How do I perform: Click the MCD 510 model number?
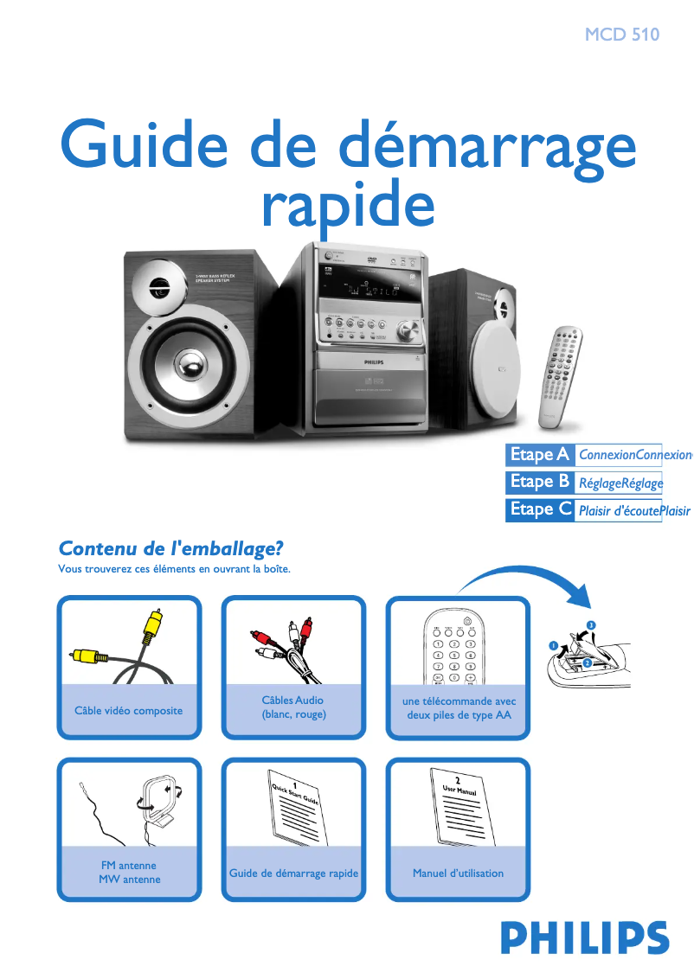[x=621, y=35]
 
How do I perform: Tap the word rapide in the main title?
[x=348, y=205]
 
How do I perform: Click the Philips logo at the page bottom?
[x=584, y=938]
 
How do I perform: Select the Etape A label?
[x=539, y=454]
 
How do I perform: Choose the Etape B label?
[x=539, y=482]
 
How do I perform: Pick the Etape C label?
[x=540, y=509]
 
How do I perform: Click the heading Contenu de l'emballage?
[x=170, y=549]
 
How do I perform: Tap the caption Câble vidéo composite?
[x=129, y=711]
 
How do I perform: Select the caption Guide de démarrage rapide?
[x=293, y=873]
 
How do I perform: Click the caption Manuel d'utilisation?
[x=458, y=873]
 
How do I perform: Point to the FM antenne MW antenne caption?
[x=129, y=872]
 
